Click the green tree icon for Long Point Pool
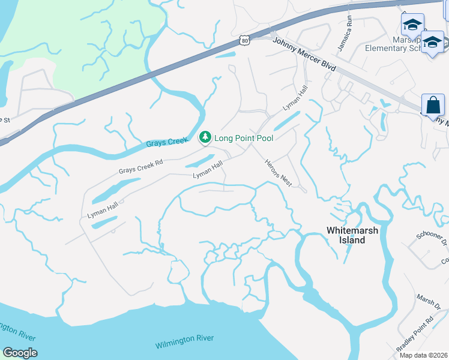205,138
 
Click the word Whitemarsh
354,230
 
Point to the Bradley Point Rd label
415,335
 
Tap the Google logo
19,353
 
